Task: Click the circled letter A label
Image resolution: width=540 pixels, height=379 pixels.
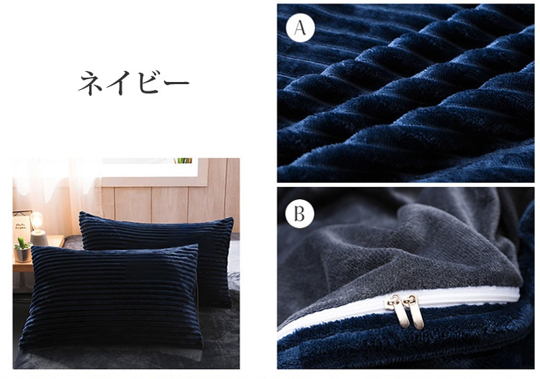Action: pyautogui.click(x=300, y=27)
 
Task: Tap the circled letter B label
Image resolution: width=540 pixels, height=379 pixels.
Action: pyautogui.click(x=300, y=214)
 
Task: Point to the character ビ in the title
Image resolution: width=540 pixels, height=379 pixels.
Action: pyautogui.click(x=148, y=82)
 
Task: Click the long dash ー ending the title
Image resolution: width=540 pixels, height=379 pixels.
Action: pyautogui.click(x=176, y=83)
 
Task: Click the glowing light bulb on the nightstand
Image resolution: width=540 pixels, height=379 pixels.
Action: pyautogui.click(x=37, y=220)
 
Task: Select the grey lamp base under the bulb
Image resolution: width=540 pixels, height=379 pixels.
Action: pyautogui.click(x=39, y=237)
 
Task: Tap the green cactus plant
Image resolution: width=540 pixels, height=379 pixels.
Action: pyautogui.click(x=22, y=244)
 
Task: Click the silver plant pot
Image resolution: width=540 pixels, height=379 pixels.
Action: pyautogui.click(x=23, y=255)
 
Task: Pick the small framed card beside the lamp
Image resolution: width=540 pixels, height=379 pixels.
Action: pyautogui.click(x=21, y=225)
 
